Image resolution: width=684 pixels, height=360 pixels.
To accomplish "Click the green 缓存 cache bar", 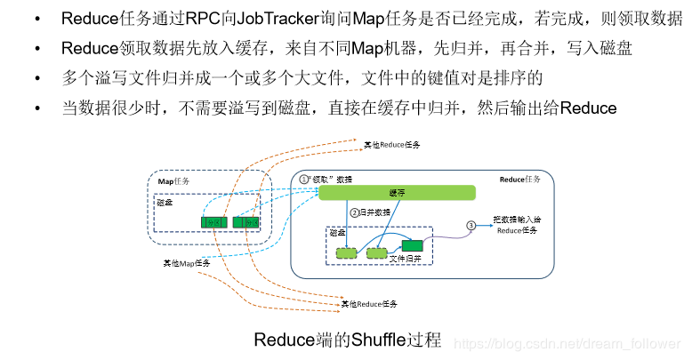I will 397,193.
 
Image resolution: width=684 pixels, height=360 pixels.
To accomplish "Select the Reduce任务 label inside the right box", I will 519,180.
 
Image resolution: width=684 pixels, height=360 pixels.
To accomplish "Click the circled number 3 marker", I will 472,226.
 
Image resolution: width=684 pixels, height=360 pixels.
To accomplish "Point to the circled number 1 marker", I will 303,179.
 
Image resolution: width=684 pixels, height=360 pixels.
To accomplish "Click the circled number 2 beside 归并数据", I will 353,212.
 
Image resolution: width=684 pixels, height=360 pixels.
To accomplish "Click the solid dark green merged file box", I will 412,246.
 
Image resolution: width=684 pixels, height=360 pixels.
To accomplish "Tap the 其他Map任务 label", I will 186,263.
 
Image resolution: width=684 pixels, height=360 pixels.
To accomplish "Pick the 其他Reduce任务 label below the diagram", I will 370,304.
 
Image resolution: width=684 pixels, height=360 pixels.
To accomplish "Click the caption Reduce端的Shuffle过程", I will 347,340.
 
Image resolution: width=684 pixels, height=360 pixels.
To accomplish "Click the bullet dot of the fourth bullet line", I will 37,108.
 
